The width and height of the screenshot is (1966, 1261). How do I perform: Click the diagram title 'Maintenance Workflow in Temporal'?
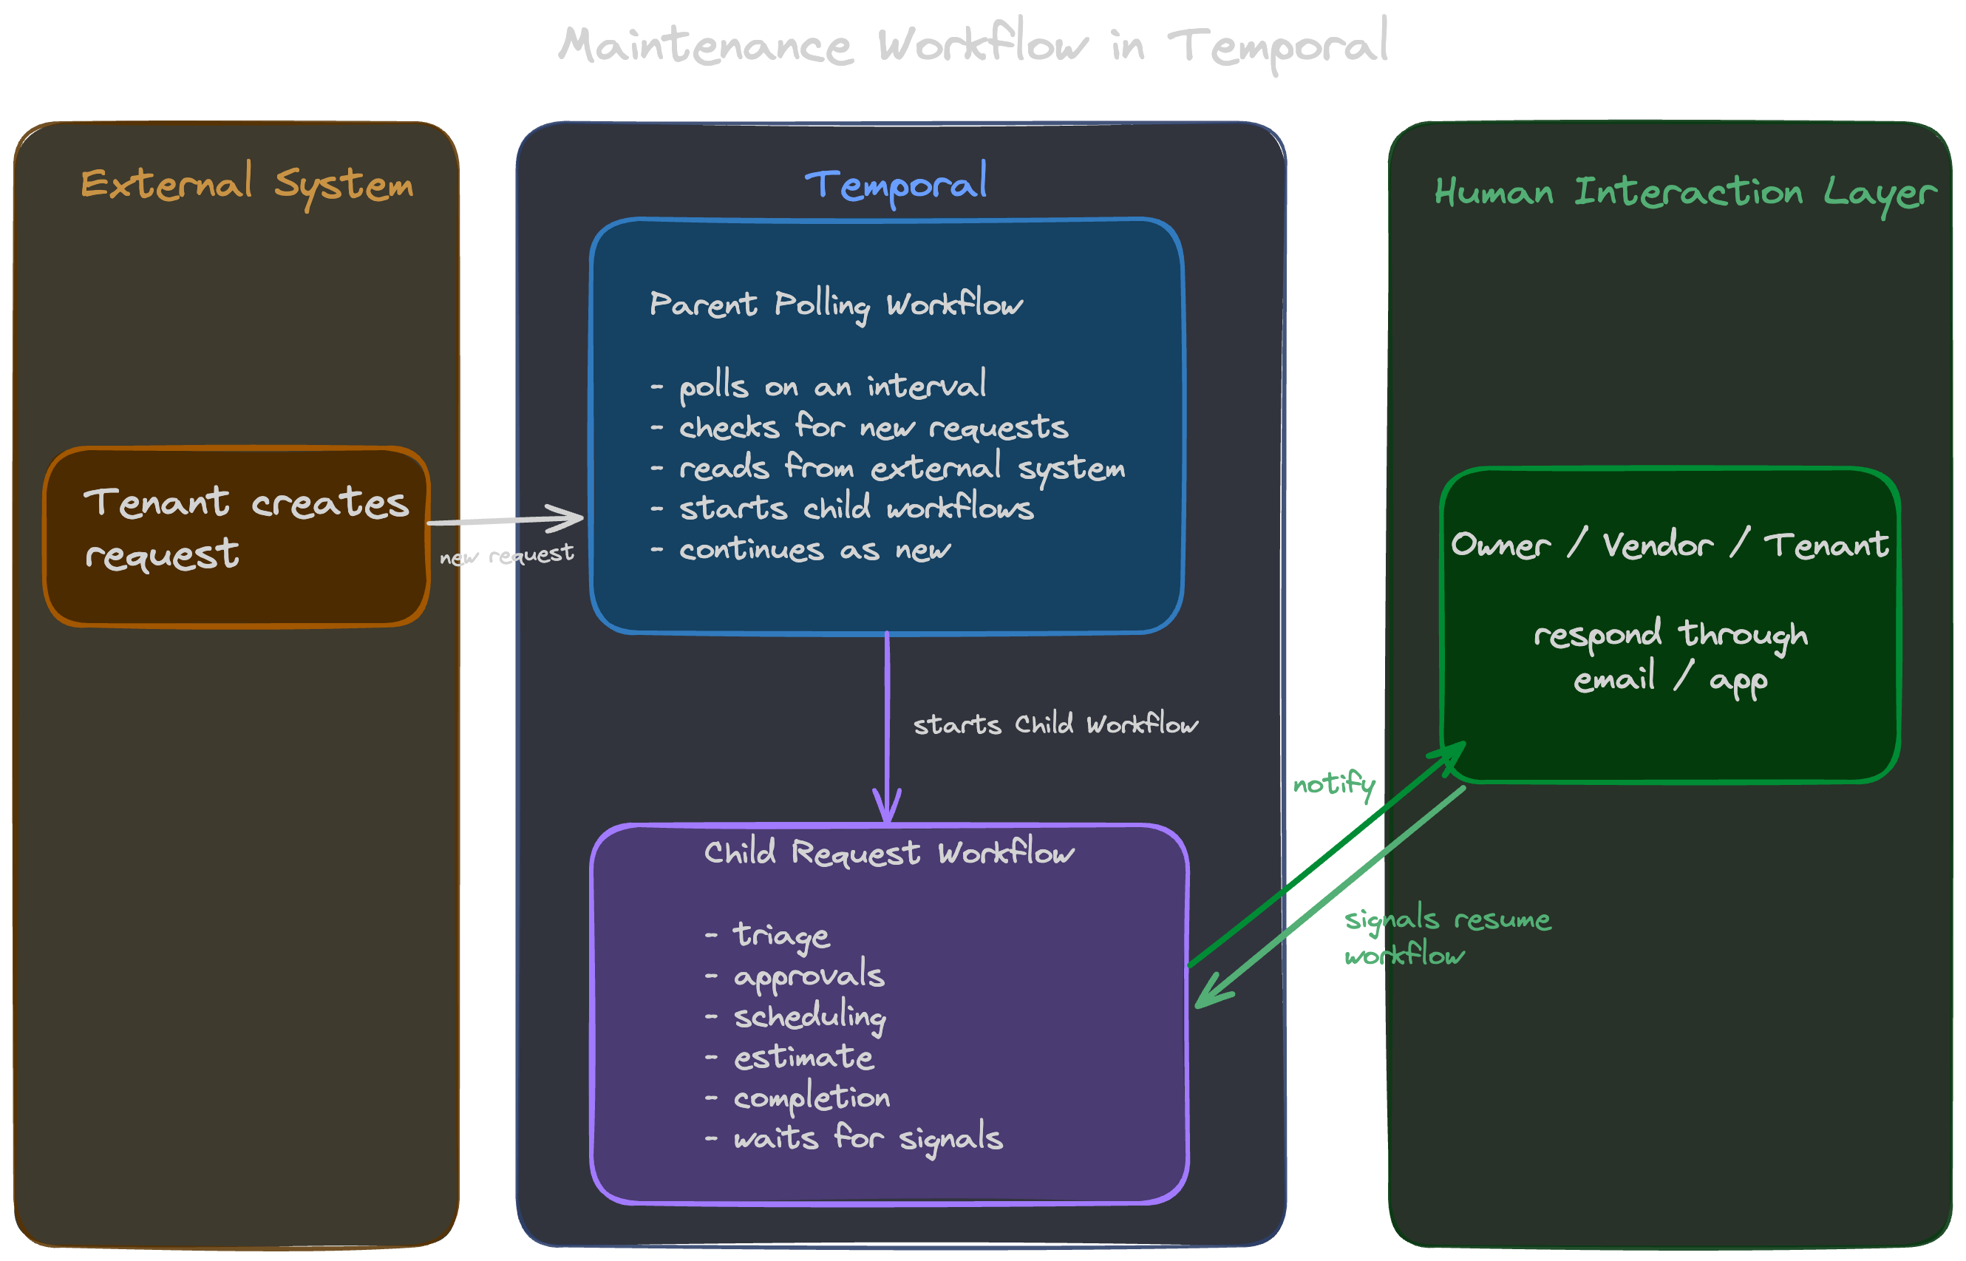click(x=973, y=45)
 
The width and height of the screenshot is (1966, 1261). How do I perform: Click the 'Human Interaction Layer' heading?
click(x=1684, y=193)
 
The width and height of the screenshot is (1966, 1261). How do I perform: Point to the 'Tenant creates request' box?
click(x=236, y=537)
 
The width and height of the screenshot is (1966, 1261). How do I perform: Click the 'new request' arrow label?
click(x=506, y=556)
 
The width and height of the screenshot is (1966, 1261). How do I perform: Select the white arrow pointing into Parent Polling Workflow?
click(x=506, y=519)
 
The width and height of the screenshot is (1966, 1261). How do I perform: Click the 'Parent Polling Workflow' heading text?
click(x=836, y=305)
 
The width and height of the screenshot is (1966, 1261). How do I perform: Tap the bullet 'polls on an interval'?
click(x=819, y=386)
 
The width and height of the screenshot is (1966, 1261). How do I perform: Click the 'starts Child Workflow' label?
click(x=1055, y=724)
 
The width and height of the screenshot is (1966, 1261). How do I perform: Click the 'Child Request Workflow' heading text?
click(x=888, y=853)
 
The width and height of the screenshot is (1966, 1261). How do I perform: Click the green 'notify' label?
click(x=1333, y=784)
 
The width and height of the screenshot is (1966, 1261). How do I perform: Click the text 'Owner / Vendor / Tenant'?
click(x=1669, y=545)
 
